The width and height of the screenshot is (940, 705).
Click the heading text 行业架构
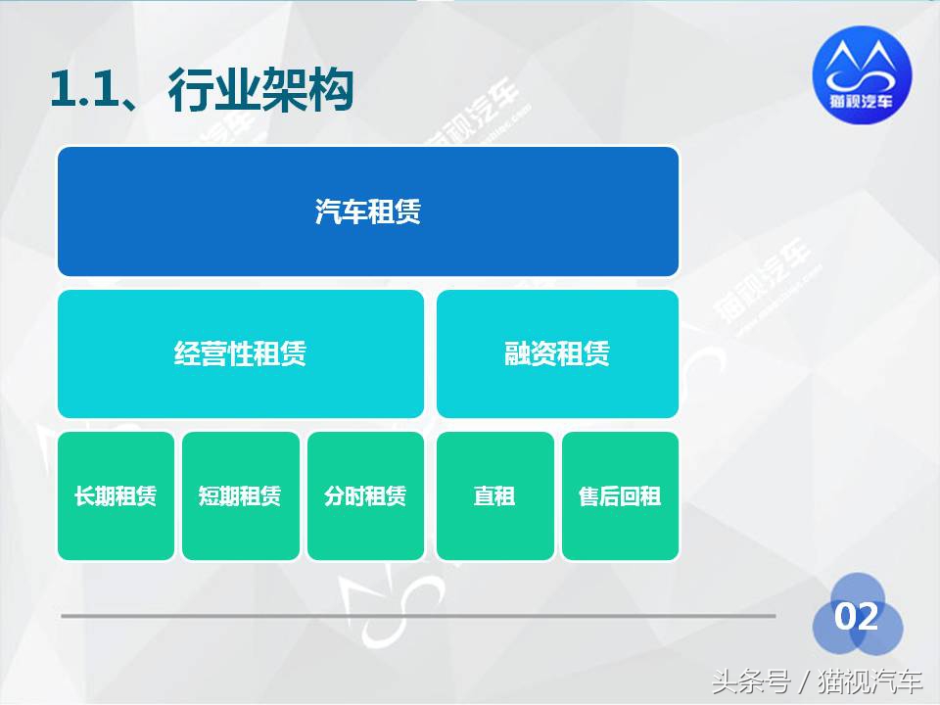pyautogui.click(x=260, y=92)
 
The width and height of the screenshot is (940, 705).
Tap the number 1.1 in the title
pyautogui.click(x=81, y=92)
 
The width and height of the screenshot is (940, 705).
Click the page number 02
pyautogui.click(x=856, y=617)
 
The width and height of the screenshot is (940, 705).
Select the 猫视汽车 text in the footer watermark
pyautogui.click(x=870, y=680)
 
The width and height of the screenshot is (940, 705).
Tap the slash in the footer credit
pyautogui.click(x=803, y=680)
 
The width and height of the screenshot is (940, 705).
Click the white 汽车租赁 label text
pyautogui.click(x=368, y=211)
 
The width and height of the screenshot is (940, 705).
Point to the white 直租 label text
pyautogui.click(x=494, y=496)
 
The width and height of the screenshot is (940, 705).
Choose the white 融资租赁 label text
pyautogui.click(x=557, y=353)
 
